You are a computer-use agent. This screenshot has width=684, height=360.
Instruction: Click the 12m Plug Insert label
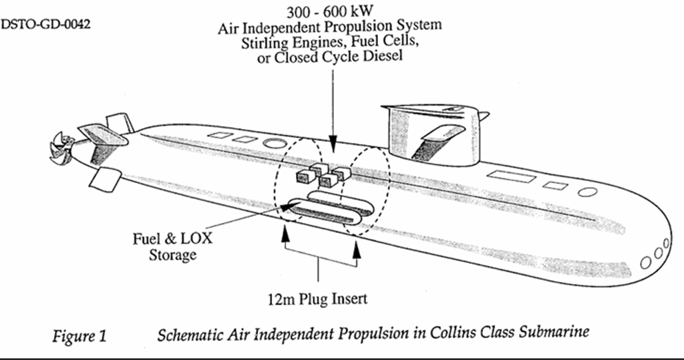pos(317,299)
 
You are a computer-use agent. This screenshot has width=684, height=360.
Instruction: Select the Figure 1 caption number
pos(79,337)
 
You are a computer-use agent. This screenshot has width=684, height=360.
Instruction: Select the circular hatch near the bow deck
pos(588,192)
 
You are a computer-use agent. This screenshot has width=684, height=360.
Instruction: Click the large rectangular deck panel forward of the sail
pos(511,177)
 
